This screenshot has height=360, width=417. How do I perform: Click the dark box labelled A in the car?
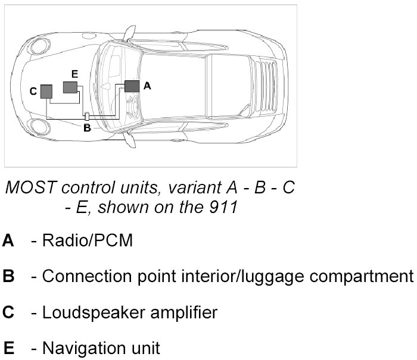point(132,86)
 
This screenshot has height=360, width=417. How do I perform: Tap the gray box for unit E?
point(71,87)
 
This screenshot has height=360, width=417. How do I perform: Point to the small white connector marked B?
point(86,117)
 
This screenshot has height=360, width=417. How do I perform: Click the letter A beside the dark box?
point(148,86)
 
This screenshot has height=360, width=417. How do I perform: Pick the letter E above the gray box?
point(74,74)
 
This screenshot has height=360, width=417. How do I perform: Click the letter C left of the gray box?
point(33,91)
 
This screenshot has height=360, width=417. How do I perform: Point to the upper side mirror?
point(126,32)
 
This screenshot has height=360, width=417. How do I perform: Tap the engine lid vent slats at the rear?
point(267,84)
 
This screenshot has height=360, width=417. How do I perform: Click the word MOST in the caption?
point(28,187)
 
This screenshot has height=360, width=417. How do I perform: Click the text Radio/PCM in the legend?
point(88,241)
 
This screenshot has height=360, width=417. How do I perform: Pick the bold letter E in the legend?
point(8,347)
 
